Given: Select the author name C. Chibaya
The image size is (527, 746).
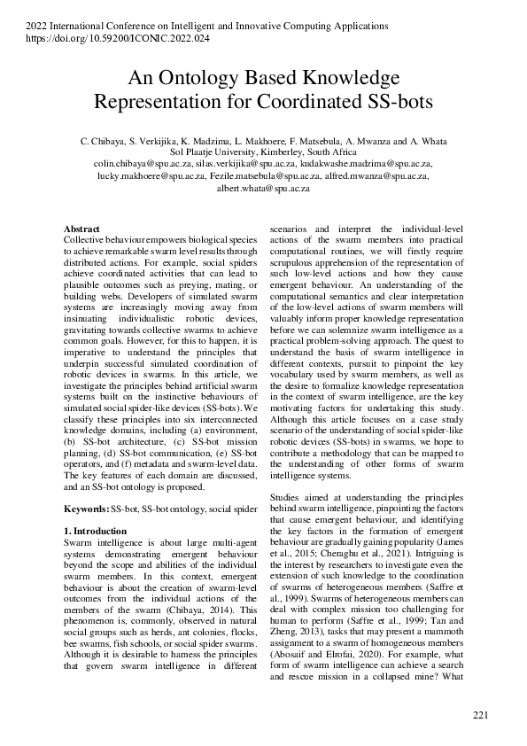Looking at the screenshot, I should (x=103, y=141).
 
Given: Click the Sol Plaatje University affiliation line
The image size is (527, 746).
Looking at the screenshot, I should (x=263, y=152).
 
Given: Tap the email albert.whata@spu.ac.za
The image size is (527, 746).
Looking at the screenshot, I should (x=263, y=188).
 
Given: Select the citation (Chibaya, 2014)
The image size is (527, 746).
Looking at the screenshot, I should (x=200, y=611).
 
